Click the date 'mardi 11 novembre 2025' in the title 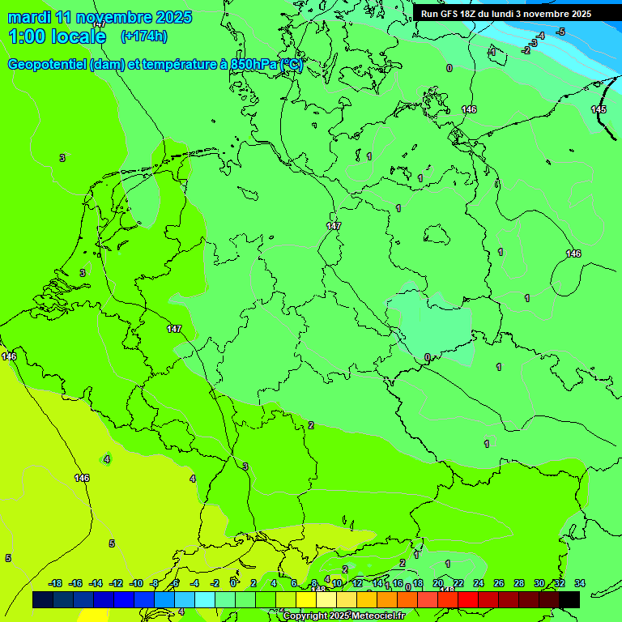click(100, 17)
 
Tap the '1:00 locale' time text click(58, 36)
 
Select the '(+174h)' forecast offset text click(143, 36)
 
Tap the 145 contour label click(598, 109)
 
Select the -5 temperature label click(560, 32)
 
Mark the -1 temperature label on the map click(491, 52)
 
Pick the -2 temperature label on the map click(526, 50)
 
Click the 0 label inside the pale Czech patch click(427, 357)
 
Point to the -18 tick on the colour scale click(55, 583)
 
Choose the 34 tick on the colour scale click(579, 583)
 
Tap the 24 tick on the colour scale click(478, 583)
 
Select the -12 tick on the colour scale click(116, 583)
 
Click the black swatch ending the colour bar click(569, 599)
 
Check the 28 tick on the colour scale click(518, 583)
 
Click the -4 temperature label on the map click(540, 36)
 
